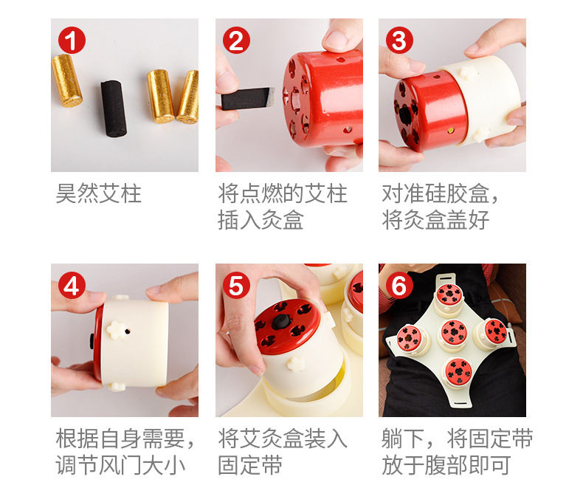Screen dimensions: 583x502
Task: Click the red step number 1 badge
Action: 72,40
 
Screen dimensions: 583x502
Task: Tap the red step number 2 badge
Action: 236,40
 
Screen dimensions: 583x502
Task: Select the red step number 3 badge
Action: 399,40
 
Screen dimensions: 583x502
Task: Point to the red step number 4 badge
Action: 72,285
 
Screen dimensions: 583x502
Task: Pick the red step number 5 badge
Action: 236,285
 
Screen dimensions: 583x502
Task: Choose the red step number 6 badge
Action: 399,285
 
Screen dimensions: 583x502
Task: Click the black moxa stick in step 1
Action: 114,109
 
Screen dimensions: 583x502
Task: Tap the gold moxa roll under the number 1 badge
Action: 67,80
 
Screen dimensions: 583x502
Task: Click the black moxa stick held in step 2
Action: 248,98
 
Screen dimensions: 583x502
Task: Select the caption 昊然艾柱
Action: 99,193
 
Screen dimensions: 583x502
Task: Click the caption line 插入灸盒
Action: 261,220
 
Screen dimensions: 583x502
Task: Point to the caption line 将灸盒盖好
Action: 435,220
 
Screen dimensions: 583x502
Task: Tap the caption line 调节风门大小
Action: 120,465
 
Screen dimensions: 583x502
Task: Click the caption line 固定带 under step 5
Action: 250,465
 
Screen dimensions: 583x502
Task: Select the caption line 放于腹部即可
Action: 446,465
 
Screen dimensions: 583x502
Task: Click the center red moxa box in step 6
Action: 453,332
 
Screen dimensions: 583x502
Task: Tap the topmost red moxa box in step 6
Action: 449,294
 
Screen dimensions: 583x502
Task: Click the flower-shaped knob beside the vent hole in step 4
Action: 116,330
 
